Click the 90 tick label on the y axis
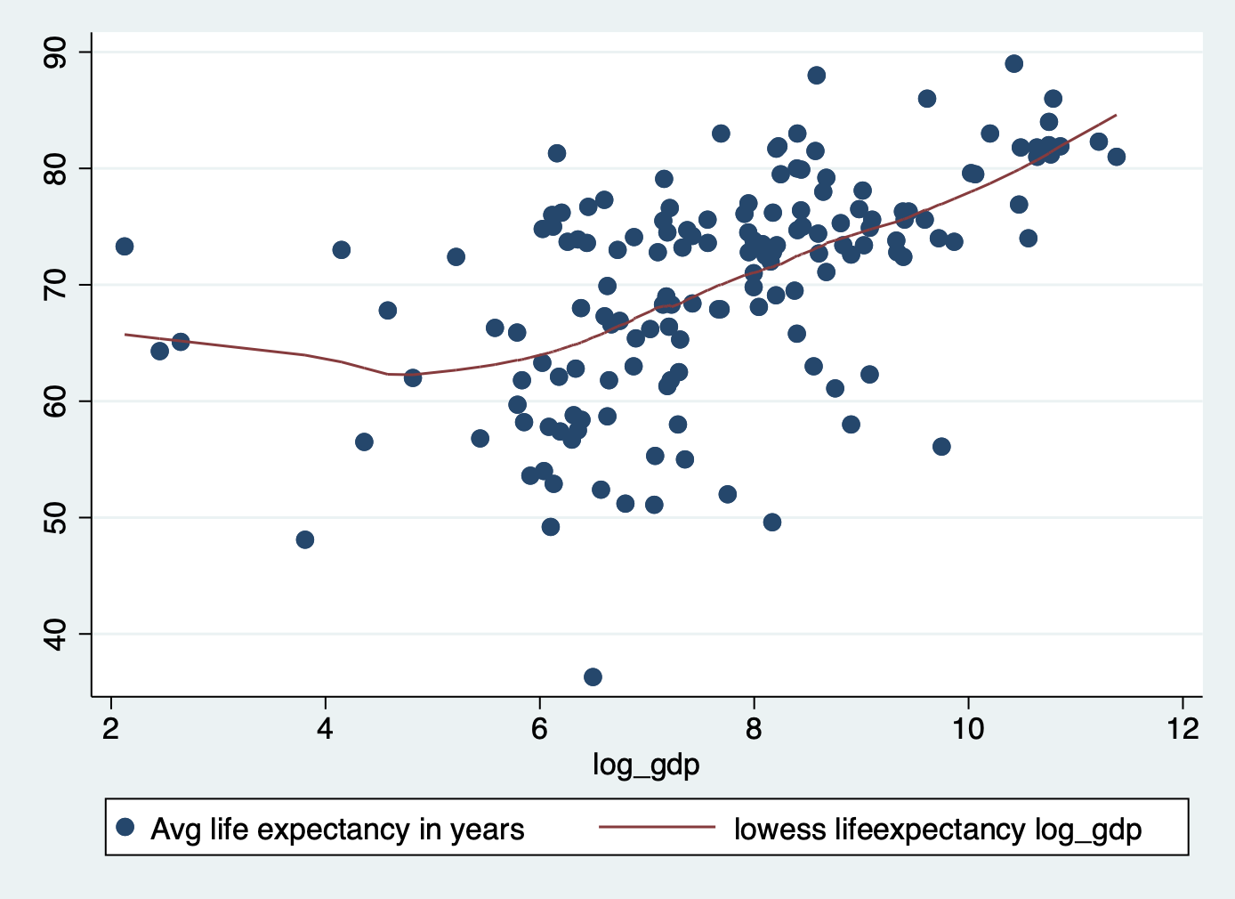coord(55,53)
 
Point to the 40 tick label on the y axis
coord(55,634)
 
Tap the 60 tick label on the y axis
coord(55,401)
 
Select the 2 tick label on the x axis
coord(110,729)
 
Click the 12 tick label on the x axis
coord(1183,729)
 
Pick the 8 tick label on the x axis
coord(754,729)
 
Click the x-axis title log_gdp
coord(646,765)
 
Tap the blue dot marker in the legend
coord(125,828)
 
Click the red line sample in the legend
coord(657,827)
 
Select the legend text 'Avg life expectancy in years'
coord(337,830)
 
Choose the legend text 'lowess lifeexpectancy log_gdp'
coord(938,830)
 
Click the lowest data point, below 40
coord(593,677)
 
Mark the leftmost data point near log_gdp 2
coord(125,247)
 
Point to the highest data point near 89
coord(1013,64)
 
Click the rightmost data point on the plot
coord(1117,157)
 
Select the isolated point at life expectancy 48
coord(305,540)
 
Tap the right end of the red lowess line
coord(1116,115)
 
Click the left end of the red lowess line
coord(125,334)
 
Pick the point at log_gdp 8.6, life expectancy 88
coord(816,76)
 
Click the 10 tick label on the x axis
coord(968,729)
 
